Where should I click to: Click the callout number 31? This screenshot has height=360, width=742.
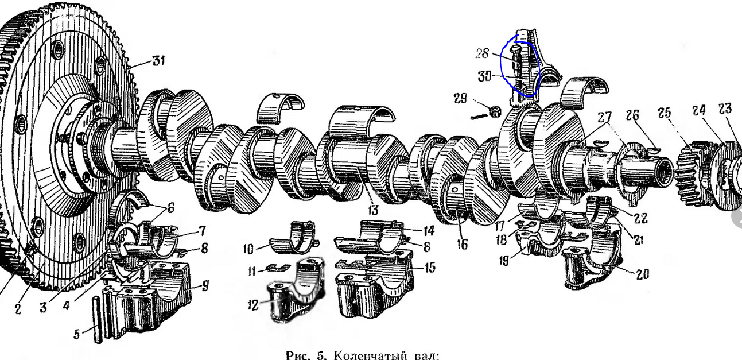pyautogui.click(x=158, y=61)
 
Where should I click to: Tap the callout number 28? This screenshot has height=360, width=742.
pyautogui.click(x=482, y=53)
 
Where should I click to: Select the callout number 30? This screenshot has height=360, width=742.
pyautogui.click(x=484, y=76)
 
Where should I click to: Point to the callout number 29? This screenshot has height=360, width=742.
pyautogui.click(x=460, y=98)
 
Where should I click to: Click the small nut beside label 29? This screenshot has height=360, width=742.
pyautogui.click(x=494, y=111)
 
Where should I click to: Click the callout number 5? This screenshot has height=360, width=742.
pyautogui.click(x=76, y=334)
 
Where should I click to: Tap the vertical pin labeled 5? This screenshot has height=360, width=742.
pyautogui.click(x=97, y=320)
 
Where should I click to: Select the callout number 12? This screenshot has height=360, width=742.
pyautogui.click(x=252, y=305)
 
